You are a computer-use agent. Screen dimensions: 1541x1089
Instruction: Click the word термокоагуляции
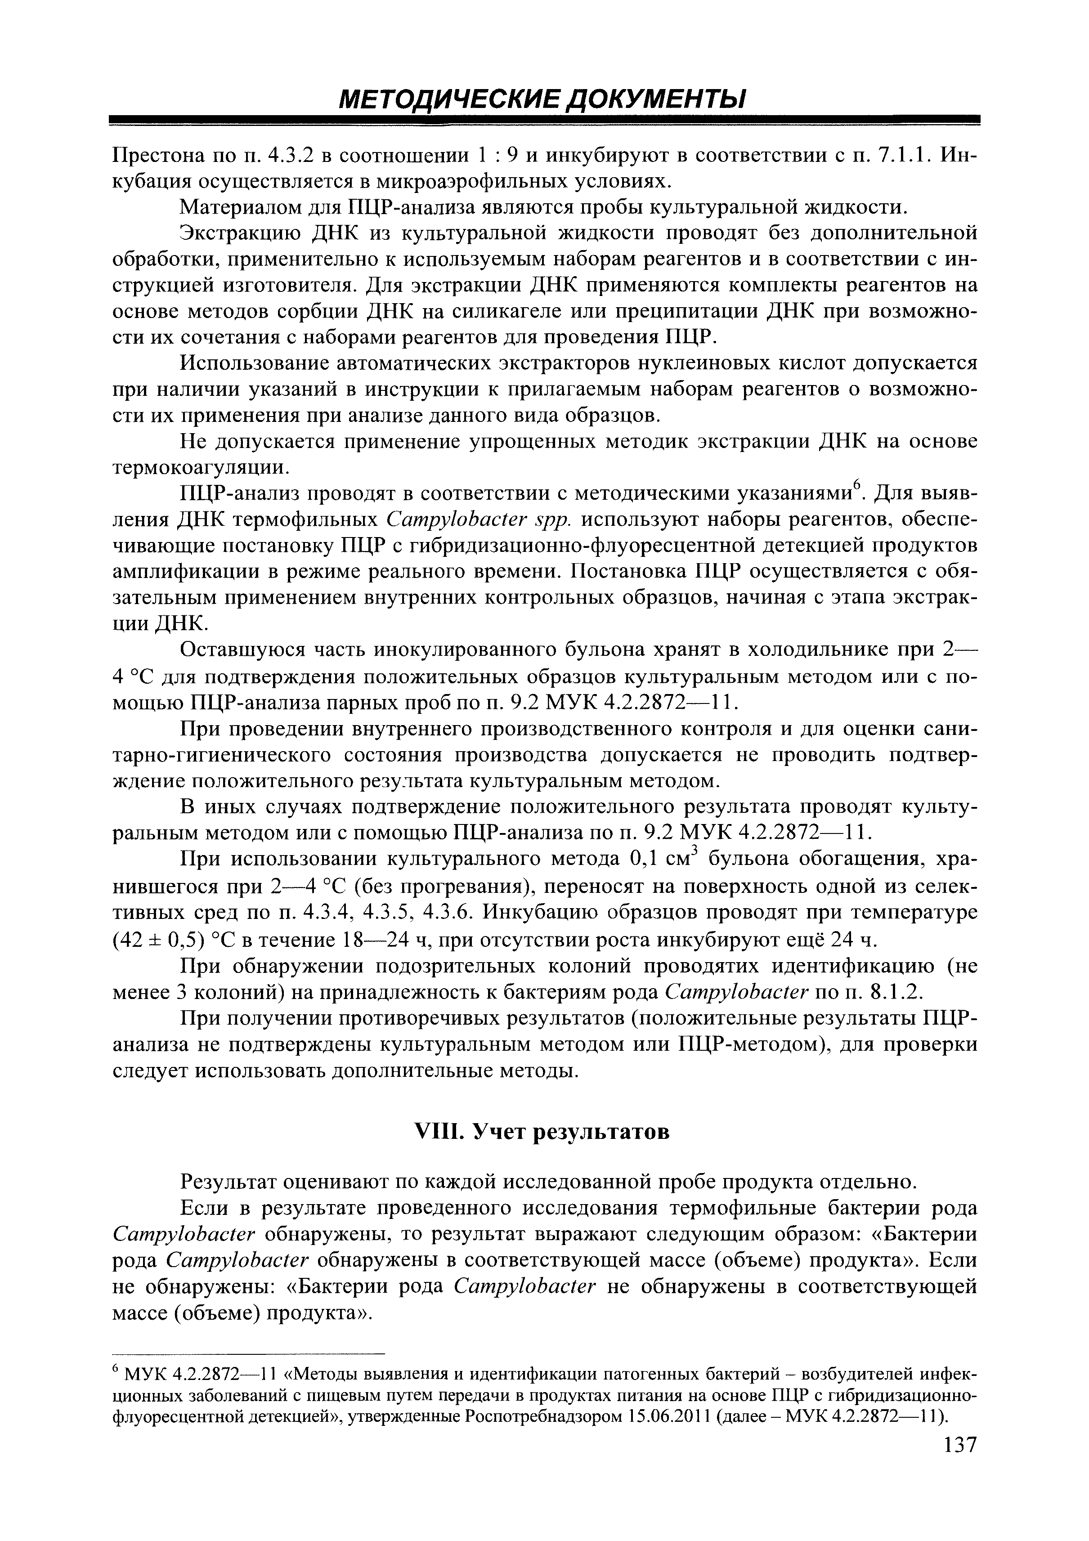[x=202, y=466]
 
